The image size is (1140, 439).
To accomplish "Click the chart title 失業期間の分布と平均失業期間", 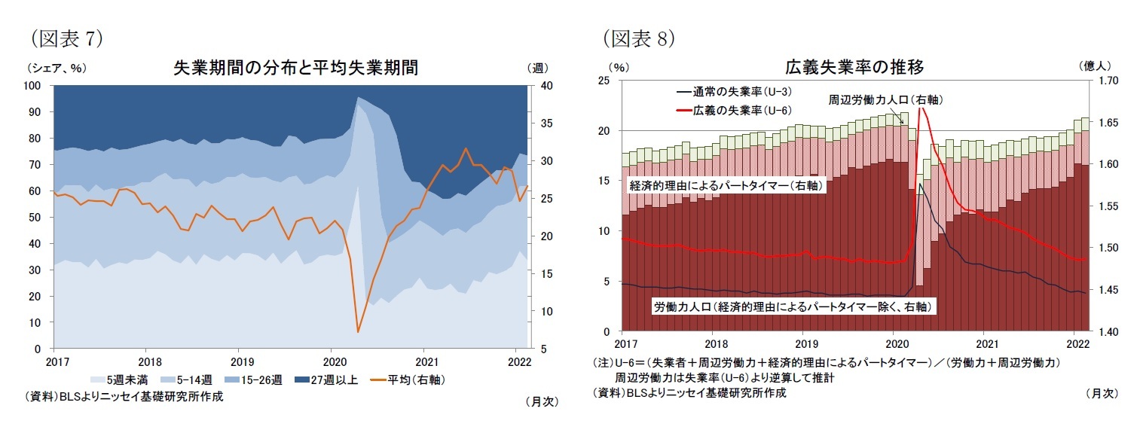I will click(x=295, y=68).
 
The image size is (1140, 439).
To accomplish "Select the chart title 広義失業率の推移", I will click(x=854, y=67).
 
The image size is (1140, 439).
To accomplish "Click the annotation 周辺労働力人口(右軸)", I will click(x=885, y=99).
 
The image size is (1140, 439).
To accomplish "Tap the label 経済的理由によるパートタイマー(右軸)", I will click(x=725, y=184).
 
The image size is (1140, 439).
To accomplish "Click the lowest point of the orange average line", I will click(x=358, y=331).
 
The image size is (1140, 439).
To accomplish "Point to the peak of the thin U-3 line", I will click(x=920, y=184).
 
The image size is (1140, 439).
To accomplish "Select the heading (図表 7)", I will click(x=66, y=37).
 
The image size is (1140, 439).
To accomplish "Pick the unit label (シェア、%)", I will click(x=56, y=68).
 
